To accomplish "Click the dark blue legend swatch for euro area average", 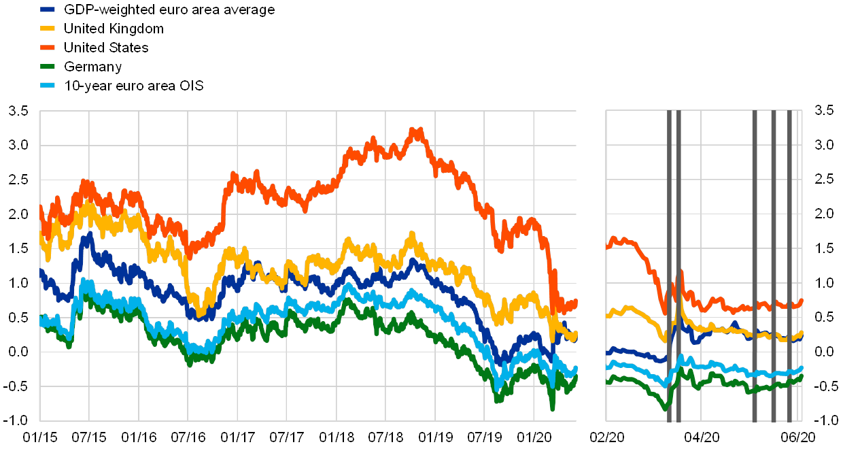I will [x=48, y=10].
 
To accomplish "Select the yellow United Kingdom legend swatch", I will [x=48, y=29].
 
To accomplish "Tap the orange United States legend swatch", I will [x=48, y=48].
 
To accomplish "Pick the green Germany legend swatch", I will [x=48, y=67].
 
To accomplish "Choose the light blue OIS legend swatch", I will [x=48, y=86].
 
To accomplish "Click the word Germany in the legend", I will [x=93, y=67].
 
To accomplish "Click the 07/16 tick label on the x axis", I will [x=188, y=435].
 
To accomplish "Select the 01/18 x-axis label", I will [x=337, y=435].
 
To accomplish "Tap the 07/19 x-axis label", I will [x=485, y=435].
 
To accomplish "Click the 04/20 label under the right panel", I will [x=704, y=435].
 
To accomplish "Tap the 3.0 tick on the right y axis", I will [x=824, y=145].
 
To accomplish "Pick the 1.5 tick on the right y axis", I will [x=824, y=248].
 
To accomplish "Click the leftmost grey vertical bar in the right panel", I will [x=669, y=265].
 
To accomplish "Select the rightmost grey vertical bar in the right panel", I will [x=789, y=265].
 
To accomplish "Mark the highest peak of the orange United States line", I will [x=416, y=129].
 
